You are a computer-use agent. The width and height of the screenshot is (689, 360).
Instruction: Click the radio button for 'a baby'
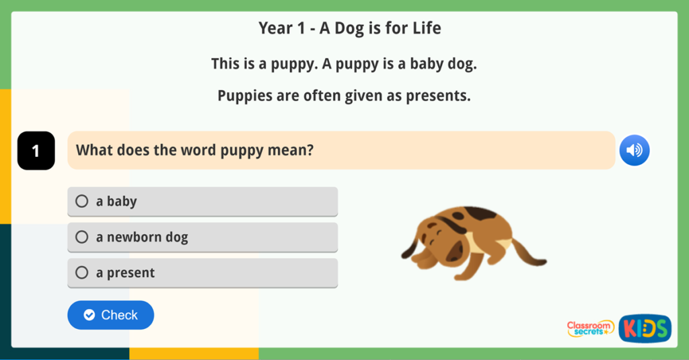[x=82, y=201]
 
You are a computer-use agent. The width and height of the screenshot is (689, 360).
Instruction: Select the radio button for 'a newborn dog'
[x=82, y=237]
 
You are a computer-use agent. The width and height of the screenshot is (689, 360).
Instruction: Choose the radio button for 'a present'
[x=82, y=273]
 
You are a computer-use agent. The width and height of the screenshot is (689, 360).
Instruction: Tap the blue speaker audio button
[x=634, y=150]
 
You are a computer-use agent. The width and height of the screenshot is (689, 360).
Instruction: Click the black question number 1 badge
[x=36, y=151]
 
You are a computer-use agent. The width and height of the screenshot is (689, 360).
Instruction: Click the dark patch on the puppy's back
[x=482, y=213]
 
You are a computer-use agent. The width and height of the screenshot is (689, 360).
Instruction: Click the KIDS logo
[x=645, y=328]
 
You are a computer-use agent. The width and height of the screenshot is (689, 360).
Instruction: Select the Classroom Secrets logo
[x=590, y=328]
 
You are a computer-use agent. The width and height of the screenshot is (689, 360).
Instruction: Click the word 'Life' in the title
[x=426, y=28]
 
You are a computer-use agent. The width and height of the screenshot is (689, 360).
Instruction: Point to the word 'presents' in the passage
[x=437, y=96]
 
